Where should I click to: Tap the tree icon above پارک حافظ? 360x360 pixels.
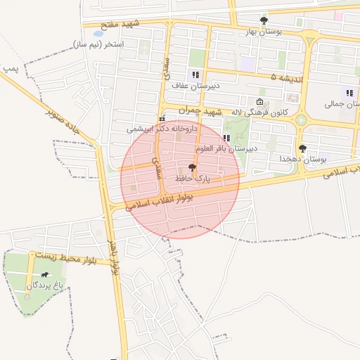[x=192, y=167]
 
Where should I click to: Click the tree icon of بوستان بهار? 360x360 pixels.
[x=264, y=20]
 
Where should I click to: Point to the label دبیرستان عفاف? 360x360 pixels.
[x=197, y=85]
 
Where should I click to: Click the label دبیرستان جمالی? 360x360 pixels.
[x=342, y=104]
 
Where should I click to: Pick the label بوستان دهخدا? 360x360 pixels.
[x=303, y=160]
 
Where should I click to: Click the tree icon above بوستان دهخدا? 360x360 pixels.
[x=303, y=148]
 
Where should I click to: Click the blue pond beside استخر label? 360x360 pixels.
[x=98, y=33]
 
